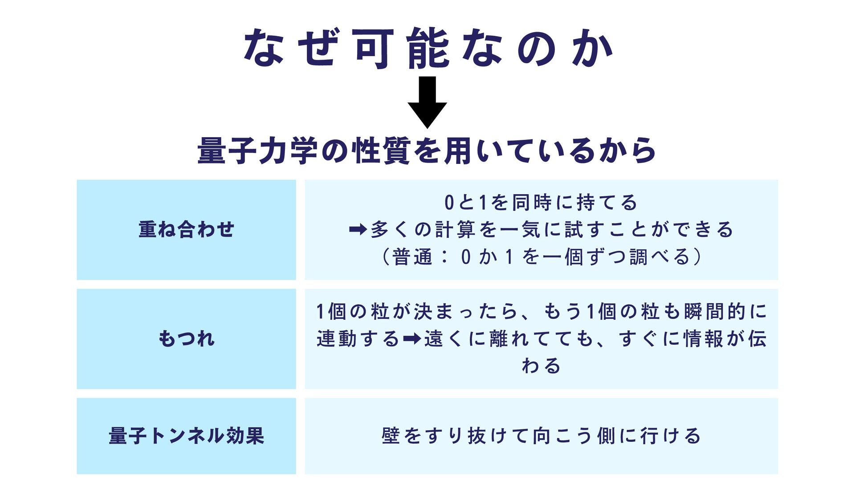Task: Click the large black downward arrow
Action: (427, 102)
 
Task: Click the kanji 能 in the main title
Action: (428, 49)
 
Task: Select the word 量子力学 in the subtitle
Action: (257, 151)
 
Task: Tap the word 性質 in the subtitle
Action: (381, 151)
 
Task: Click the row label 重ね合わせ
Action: (186, 229)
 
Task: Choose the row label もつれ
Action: (186, 338)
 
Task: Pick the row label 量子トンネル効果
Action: (186, 436)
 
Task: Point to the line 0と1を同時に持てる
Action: (541, 203)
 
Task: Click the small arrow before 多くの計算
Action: (358, 230)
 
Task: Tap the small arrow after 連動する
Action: (411, 339)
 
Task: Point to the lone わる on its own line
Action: (541, 366)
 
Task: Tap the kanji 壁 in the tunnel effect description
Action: (391, 436)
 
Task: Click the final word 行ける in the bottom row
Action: (671, 436)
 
